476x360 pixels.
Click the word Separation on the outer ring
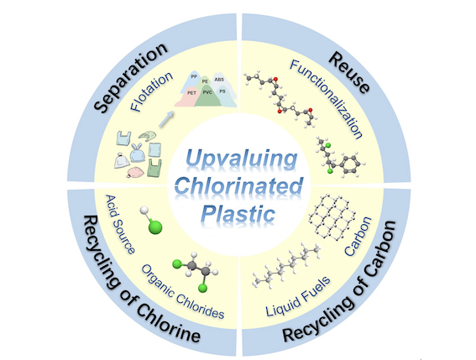(x=131, y=77)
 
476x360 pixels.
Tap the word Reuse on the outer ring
(x=350, y=71)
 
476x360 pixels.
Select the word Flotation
(x=152, y=91)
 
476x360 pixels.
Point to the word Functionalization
(x=327, y=99)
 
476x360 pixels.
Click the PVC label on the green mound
(x=207, y=92)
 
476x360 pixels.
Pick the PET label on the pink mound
(x=191, y=93)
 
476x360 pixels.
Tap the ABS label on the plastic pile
(x=219, y=80)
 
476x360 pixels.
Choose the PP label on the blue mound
(x=194, y=76)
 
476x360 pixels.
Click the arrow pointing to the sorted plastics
(x=166, y=119)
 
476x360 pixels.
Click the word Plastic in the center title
(x=238, y=213)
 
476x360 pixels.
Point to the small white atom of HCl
(x=144, y=210)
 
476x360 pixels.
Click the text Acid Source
(x=119, y=224)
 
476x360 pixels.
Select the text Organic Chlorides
(x=183, y=291)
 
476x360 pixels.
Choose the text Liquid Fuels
(x=298, y=296)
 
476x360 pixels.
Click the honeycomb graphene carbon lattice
(x=332, y=217)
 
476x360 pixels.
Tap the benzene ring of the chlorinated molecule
(x=350, y=164)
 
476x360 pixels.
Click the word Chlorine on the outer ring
(x=168, y=322)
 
